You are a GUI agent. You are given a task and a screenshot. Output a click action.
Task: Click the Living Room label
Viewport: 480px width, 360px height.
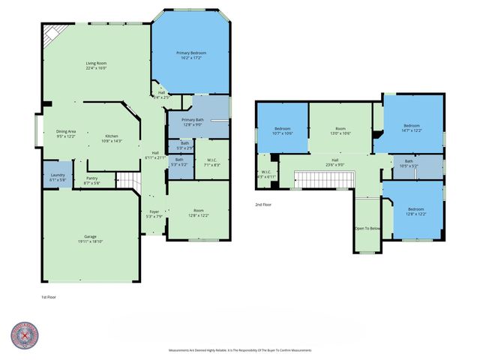coord(96,65)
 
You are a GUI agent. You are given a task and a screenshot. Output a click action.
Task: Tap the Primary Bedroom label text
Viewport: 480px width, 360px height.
coord(191,55)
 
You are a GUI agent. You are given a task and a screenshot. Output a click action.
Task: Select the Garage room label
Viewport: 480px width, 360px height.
coord(90,240)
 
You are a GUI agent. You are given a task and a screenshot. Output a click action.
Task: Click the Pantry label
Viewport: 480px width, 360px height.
coord(91,181)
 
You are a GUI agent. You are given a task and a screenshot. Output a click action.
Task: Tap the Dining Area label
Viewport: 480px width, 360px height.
coord(66,133)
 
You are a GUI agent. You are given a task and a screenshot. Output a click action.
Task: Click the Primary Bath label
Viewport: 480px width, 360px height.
coord(193,122)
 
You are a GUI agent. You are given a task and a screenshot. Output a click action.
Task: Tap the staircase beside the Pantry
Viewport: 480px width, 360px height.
coord(130,181)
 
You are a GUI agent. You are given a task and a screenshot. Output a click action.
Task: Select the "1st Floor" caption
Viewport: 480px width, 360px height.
coord(49,297)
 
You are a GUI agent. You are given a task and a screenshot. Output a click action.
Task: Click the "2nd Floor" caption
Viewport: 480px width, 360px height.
coord(263,204)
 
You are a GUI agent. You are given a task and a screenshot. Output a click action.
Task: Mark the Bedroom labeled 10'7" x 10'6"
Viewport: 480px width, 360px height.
coord(283,130)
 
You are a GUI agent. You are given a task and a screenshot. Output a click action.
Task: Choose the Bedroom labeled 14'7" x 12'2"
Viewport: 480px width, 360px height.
coord(412,127)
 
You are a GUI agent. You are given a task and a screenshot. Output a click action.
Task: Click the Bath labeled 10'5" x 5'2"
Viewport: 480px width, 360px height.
coord(409,163)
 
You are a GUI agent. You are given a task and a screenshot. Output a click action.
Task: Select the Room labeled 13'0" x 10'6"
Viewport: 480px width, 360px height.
coord(341,130)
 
